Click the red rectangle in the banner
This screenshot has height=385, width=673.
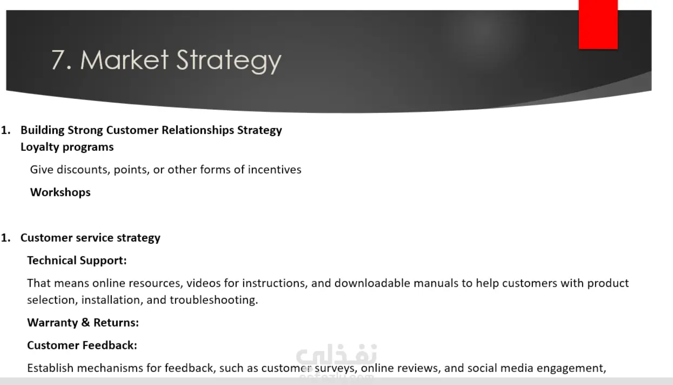coord(598,24)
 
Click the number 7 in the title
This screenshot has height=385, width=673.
coord(58,60)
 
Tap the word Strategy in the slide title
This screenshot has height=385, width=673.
coord(229,61)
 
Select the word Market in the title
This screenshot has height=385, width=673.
coord(124,59)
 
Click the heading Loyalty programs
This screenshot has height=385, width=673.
coord(67,147)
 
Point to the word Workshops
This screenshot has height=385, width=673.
coord(60,192)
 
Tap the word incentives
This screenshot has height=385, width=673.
coord(275,170)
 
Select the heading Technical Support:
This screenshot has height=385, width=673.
coord(77,261)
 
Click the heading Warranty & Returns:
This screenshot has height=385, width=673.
coord(83,323)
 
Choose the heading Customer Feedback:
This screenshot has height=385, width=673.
coord(82,346)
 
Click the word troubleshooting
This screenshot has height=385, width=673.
coord(214,300)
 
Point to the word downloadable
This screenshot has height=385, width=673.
coord(372,283)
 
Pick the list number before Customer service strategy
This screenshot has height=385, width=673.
coord(6,238)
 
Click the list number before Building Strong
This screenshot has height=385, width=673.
coord(6,130)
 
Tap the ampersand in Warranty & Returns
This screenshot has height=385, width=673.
coord(85,323)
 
